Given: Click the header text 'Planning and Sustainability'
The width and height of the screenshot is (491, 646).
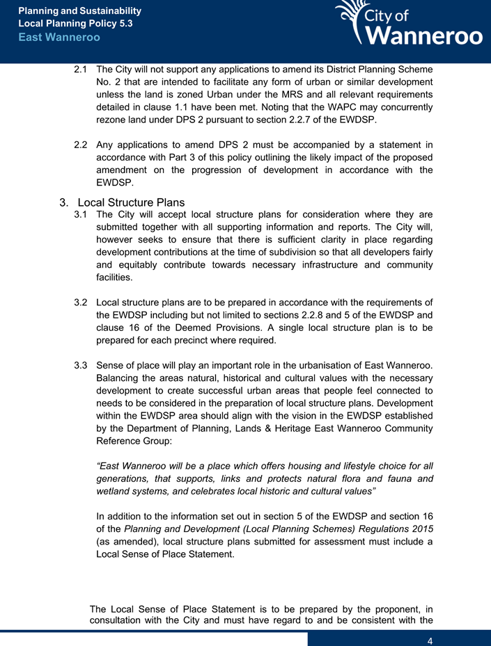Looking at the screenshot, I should (x=79, y=11).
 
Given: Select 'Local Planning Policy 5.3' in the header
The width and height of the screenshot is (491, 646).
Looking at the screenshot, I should (x=75, y=24).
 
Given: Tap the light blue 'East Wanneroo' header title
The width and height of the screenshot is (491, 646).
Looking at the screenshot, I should (x=59, y=37).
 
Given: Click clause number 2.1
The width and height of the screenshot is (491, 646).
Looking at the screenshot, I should (x=81, y=70).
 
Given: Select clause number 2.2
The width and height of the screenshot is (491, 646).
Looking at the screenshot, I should (x=81, y=145).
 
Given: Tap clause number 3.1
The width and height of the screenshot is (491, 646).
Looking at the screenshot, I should (x=81, y=215).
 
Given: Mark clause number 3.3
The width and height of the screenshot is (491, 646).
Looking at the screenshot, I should (x=81, y=366).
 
